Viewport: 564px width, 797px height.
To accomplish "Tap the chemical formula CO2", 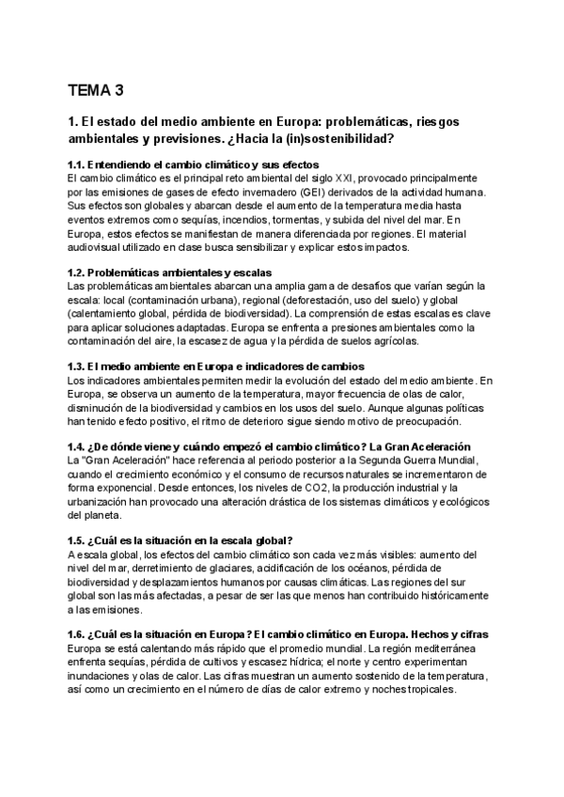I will coord(309,488).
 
